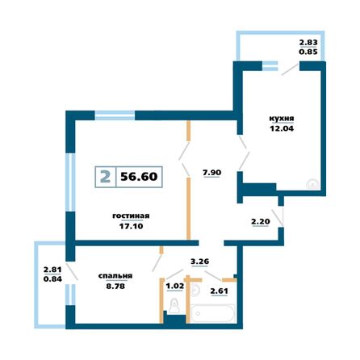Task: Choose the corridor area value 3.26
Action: [x=199, y=261]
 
